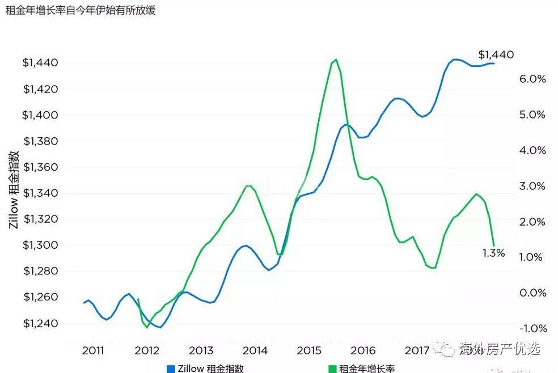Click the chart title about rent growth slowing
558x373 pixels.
coord(80,10)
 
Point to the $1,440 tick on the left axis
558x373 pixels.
coord(40,63)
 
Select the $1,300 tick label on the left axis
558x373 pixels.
coord(40,245)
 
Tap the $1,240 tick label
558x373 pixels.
coord(40,324)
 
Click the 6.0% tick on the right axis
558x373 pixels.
coord(532,79)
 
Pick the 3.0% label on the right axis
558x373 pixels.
coord(532,186)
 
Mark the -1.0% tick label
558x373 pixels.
coord(532,329)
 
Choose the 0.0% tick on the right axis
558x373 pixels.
coord(532,293)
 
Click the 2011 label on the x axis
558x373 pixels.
coord(93,350)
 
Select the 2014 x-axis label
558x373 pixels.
coord(255,350)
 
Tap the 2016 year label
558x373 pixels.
coord(363,350)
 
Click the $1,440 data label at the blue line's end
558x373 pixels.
coord(496,55)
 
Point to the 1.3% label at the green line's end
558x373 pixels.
coord(493,253)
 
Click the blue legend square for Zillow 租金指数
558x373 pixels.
coord(171,368)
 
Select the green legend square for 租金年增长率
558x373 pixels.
coord(332,368)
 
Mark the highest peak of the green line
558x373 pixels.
coord(336,59)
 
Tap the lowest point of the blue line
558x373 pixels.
coord(160,327)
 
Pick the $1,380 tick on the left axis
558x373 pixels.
coord(40,141)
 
